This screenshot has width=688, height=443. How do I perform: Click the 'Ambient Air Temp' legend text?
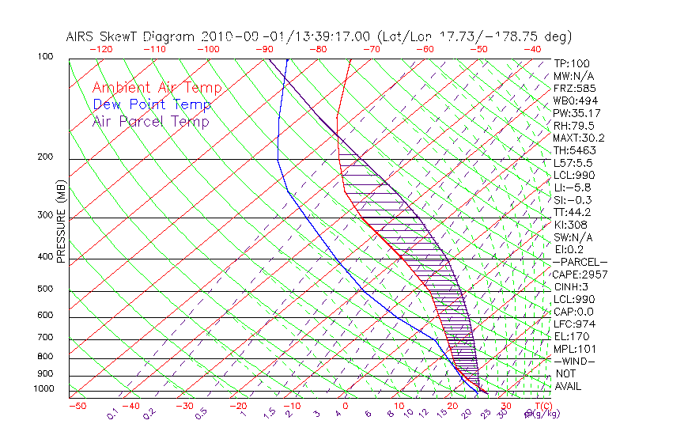click(157, 88)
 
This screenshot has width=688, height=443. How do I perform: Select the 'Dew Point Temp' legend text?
click(152, 104)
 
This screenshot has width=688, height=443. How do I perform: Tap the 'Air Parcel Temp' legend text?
click(150, 121)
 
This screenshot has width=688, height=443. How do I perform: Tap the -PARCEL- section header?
click(580, 262)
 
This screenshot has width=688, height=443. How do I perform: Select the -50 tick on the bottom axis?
click(77, 406)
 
